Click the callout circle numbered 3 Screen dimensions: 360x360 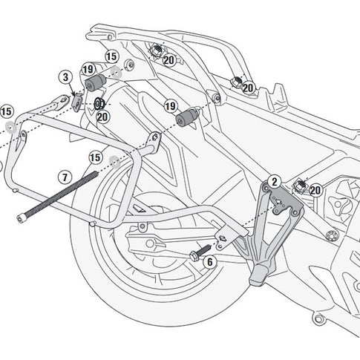[65, 77]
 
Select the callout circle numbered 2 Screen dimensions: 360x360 [274, 181]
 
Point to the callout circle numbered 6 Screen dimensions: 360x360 [209, 261]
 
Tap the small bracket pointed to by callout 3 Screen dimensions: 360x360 [78, 101]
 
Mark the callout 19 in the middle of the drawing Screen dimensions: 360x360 [169, 106]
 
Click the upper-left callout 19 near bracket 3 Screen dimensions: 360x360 [88, 69]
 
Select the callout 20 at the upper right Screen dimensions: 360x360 [247, 88]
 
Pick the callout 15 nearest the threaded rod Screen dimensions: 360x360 [95, 157]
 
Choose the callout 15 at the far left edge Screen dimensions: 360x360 [7, 111]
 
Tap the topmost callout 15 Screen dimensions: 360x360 [111, 56]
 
